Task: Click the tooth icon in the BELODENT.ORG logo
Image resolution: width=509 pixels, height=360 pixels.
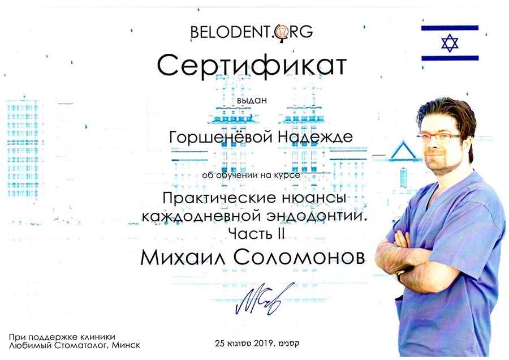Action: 282,32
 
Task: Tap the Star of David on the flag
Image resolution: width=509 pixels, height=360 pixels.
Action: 450,43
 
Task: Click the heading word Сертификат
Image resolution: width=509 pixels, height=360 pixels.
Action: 252,66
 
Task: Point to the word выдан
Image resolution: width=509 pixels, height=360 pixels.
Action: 252,100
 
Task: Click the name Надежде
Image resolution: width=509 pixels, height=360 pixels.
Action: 315,137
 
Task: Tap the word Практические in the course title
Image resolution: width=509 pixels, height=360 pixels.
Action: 219,198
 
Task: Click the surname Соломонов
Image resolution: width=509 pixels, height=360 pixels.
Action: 299,258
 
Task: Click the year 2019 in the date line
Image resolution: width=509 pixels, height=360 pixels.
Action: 264,343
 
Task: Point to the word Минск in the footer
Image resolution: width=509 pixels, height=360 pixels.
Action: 126,345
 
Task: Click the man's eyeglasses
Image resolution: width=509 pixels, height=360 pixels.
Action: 439,138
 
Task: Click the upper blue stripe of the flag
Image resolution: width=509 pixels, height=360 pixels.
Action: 450,28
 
